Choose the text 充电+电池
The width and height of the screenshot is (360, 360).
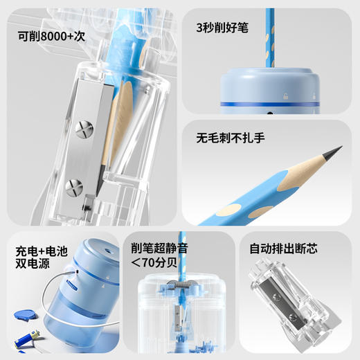(x=43, y=248)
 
